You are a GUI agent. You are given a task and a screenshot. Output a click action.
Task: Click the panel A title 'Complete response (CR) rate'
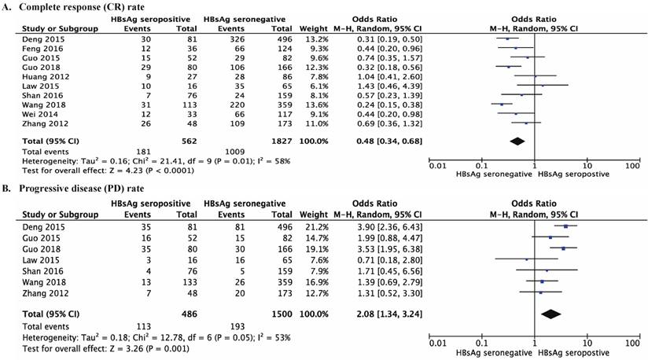click(79, 6)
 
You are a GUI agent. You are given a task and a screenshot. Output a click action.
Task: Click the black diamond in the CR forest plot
click(517, 141)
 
